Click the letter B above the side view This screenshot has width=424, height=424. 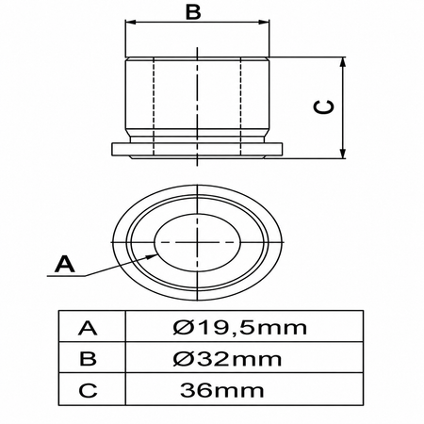(x=193, y=12)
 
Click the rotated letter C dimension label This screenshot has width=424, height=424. (x=323, y=107)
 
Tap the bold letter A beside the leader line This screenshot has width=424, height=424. (x=65, y=264)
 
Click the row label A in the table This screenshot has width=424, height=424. (x=88, y=328)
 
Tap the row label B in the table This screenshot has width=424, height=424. (x=88, y=359)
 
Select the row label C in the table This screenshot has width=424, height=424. (x=88, y=390)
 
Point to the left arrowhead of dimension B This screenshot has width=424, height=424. (x=130, y=22)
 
